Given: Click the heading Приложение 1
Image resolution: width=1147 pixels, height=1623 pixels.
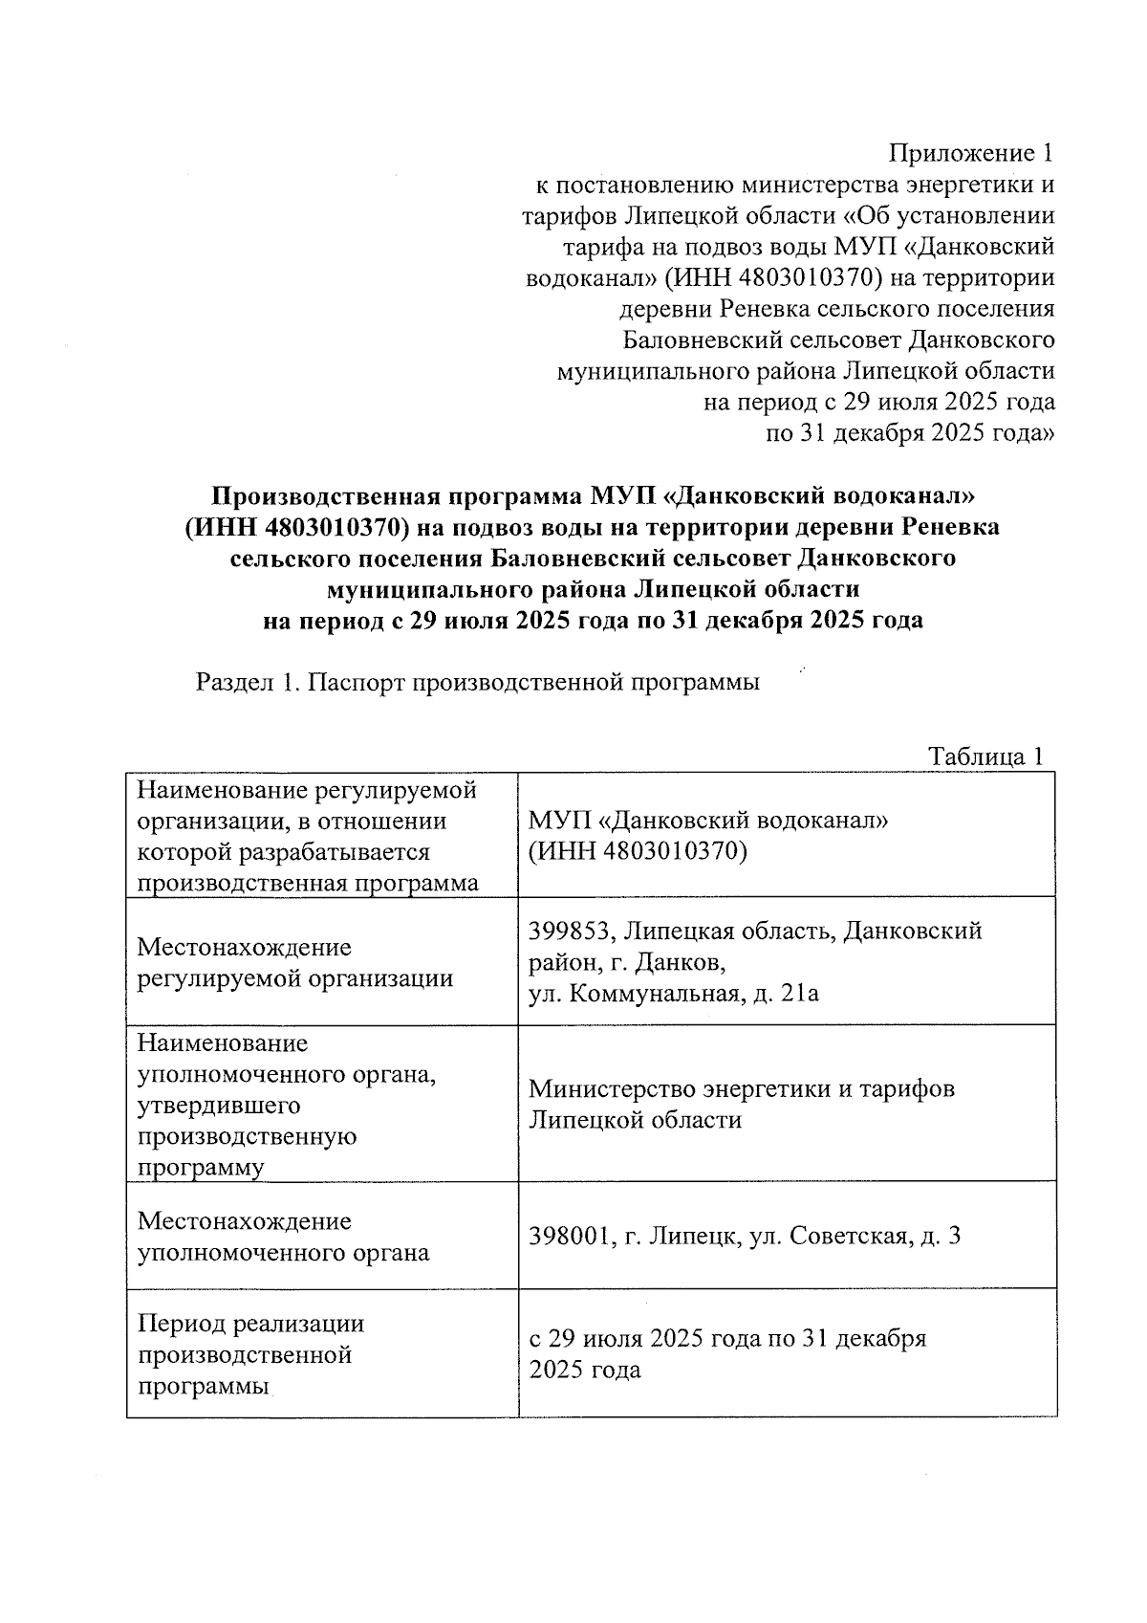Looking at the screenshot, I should click(971, 153).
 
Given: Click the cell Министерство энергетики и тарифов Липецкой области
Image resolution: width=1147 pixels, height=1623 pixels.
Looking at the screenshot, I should click(741, 1104).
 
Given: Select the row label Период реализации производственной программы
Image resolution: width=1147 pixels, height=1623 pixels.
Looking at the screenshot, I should click(250, 1354).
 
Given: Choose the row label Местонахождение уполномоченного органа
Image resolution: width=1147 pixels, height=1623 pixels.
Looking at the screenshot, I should click(283, 1237).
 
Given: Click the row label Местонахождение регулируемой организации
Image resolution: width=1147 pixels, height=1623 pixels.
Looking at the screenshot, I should click(294, 963).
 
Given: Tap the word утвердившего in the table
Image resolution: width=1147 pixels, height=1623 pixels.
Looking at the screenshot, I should click(219, 1106).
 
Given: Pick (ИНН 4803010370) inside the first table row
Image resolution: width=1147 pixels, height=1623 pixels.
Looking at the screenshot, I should click(637, 851).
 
